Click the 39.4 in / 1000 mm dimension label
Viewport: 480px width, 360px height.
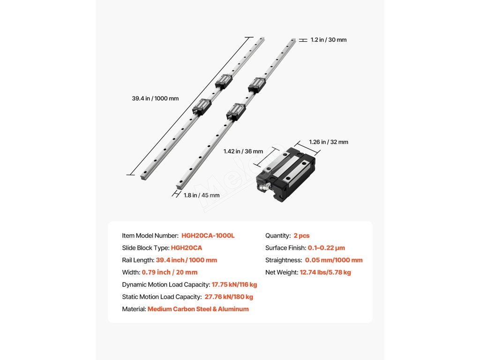(x=155, y=98)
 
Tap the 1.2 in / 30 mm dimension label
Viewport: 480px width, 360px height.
(x=329, y=40)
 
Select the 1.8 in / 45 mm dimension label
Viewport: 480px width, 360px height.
(x=202, y=195)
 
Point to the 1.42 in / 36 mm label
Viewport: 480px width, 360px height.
(x=243, y=151)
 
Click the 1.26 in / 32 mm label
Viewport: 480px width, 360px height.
(x=329, y=142)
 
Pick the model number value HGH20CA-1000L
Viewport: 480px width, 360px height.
(x=208, y=235)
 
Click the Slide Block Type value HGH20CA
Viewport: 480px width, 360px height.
(x=187, y=247)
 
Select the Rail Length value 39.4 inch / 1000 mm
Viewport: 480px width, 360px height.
(x=186, y=260)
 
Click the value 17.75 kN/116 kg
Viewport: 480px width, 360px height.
(x=234, y=284)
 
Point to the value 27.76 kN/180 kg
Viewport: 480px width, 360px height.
(x=229, y=296)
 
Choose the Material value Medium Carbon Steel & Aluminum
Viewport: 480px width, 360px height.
(x=198, y=309)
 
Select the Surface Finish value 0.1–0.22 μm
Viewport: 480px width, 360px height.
(x=326, y=247)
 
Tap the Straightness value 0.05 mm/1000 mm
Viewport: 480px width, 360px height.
(x=334, y=260)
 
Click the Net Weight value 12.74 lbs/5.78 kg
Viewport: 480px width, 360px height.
(x=325, y=272)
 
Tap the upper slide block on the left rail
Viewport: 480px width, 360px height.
(x=224, y=81)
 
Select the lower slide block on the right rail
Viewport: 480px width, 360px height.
(x=236, y=111)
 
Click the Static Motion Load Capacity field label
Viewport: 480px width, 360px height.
(x=161, y=296)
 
